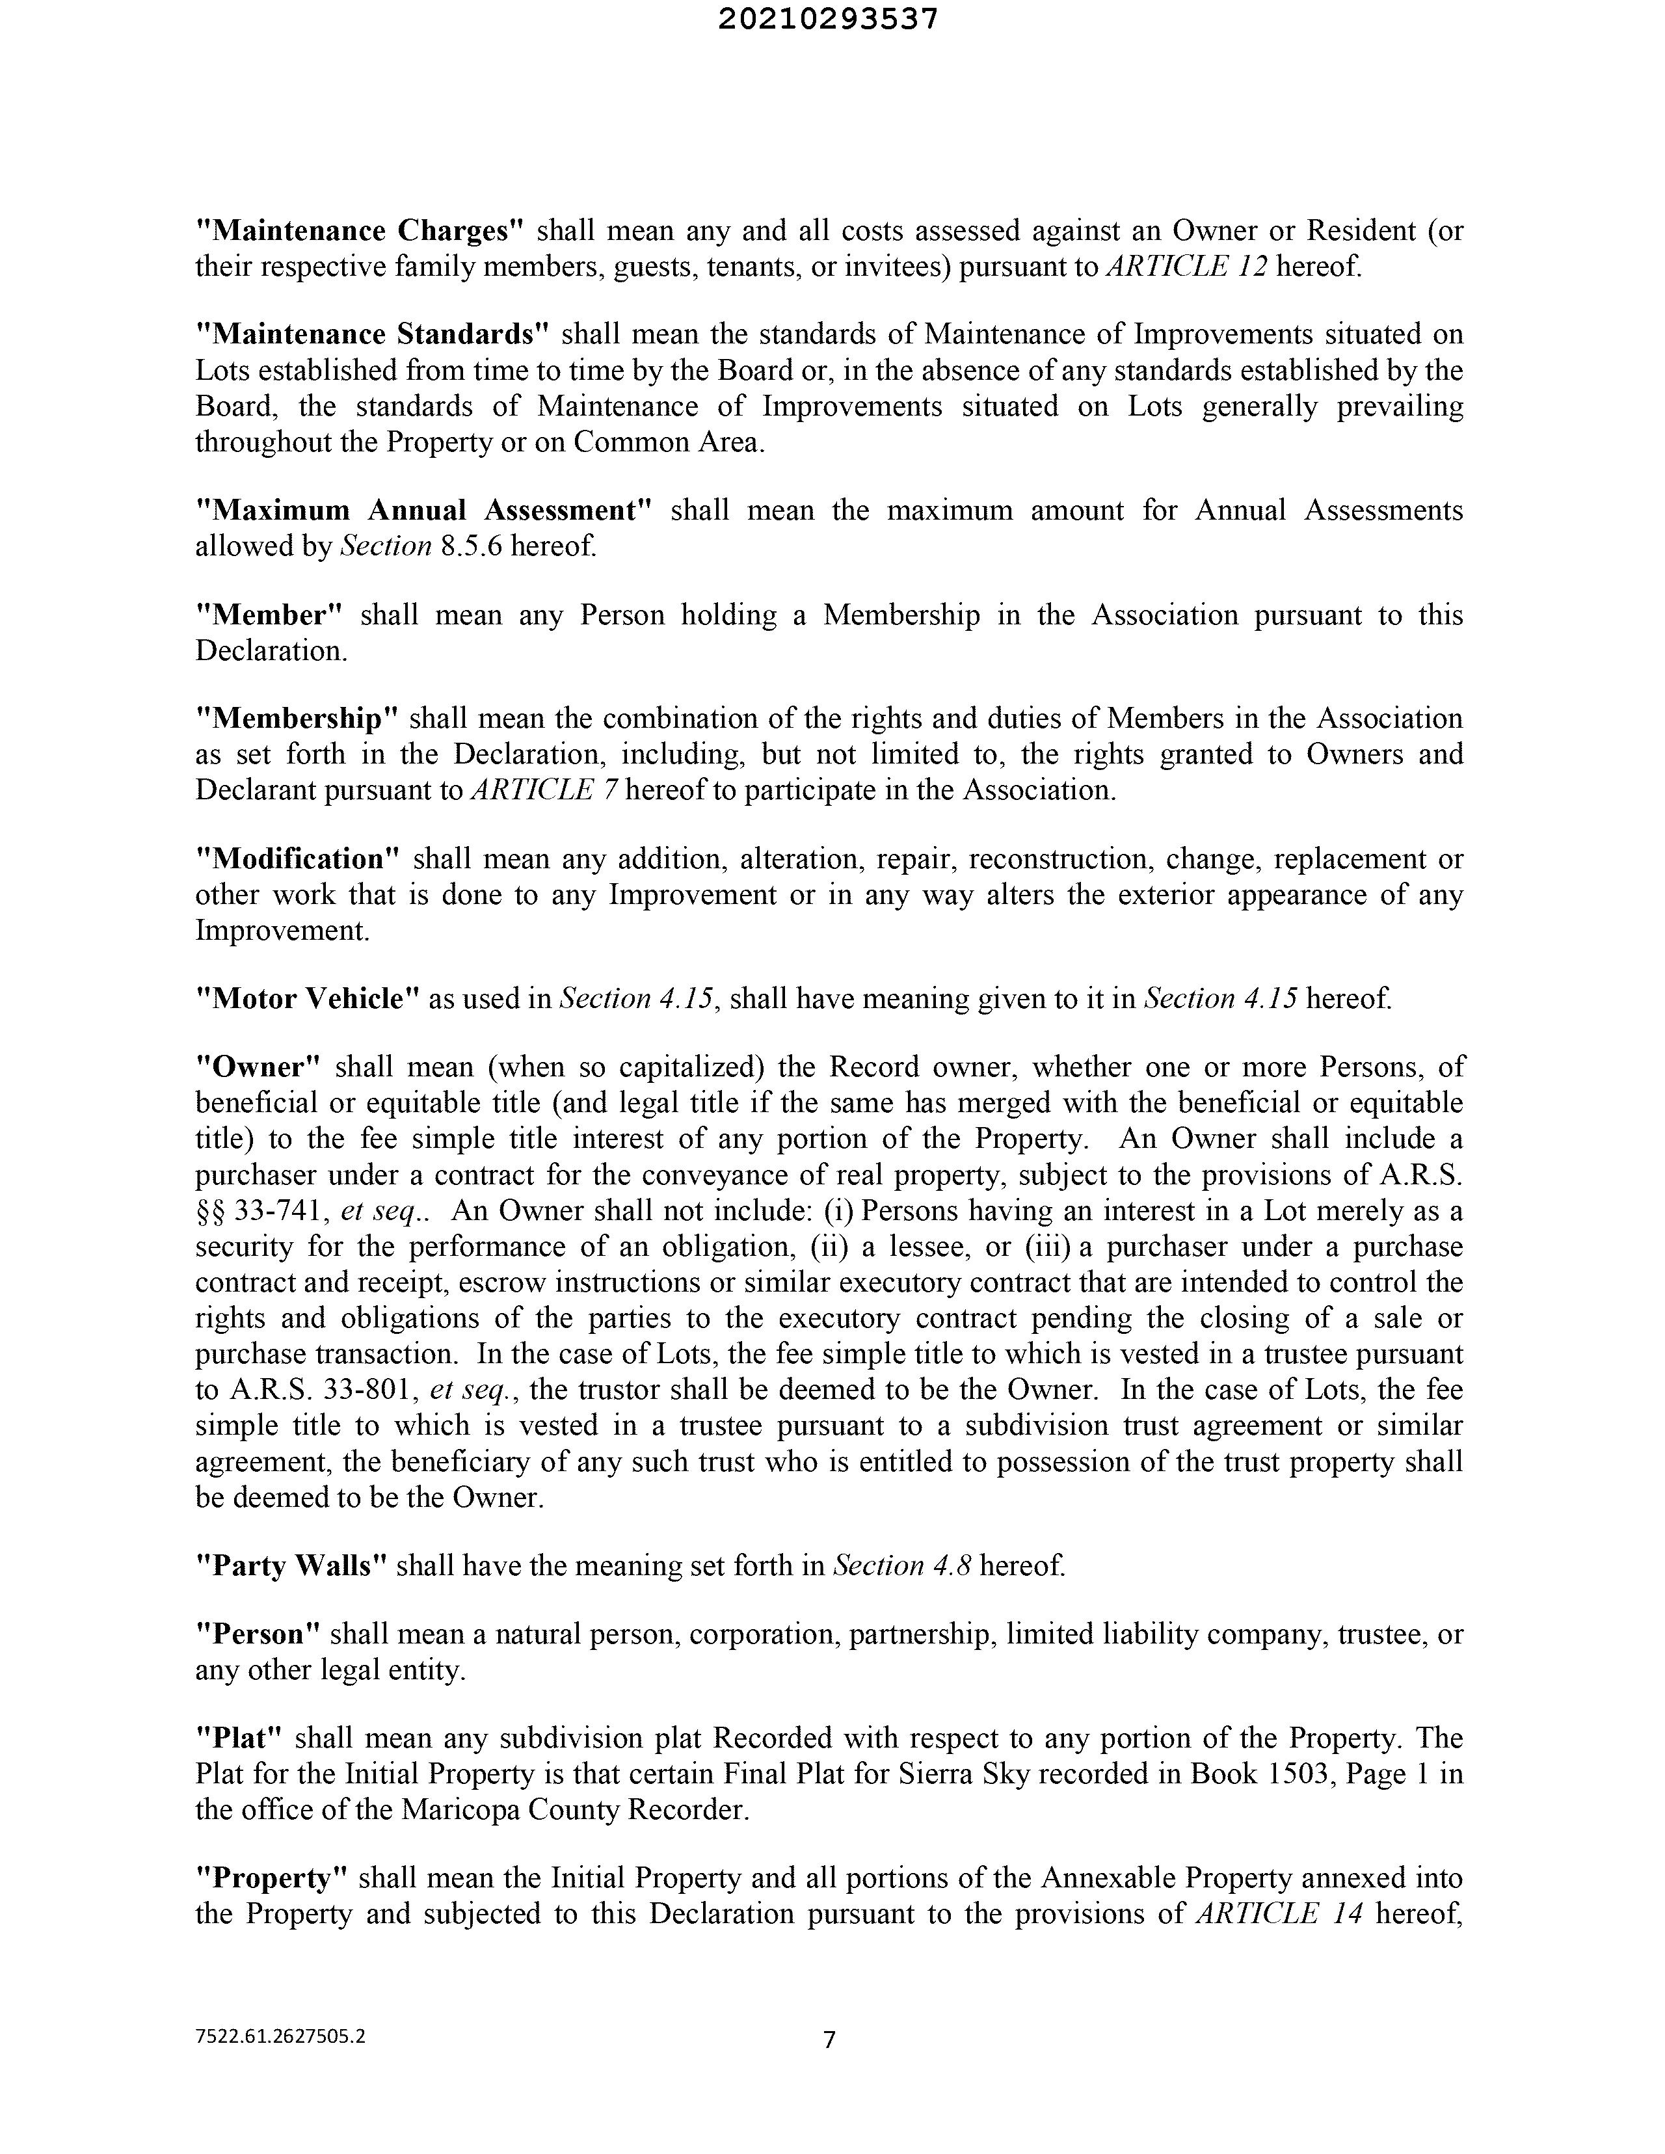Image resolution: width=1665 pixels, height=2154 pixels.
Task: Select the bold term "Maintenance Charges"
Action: [359, 231]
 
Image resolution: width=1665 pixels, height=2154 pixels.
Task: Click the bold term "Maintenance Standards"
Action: [372, 334]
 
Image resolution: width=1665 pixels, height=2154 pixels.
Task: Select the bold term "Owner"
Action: [260, 1067]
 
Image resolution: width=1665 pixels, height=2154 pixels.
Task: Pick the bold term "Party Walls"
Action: [291, 1566]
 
